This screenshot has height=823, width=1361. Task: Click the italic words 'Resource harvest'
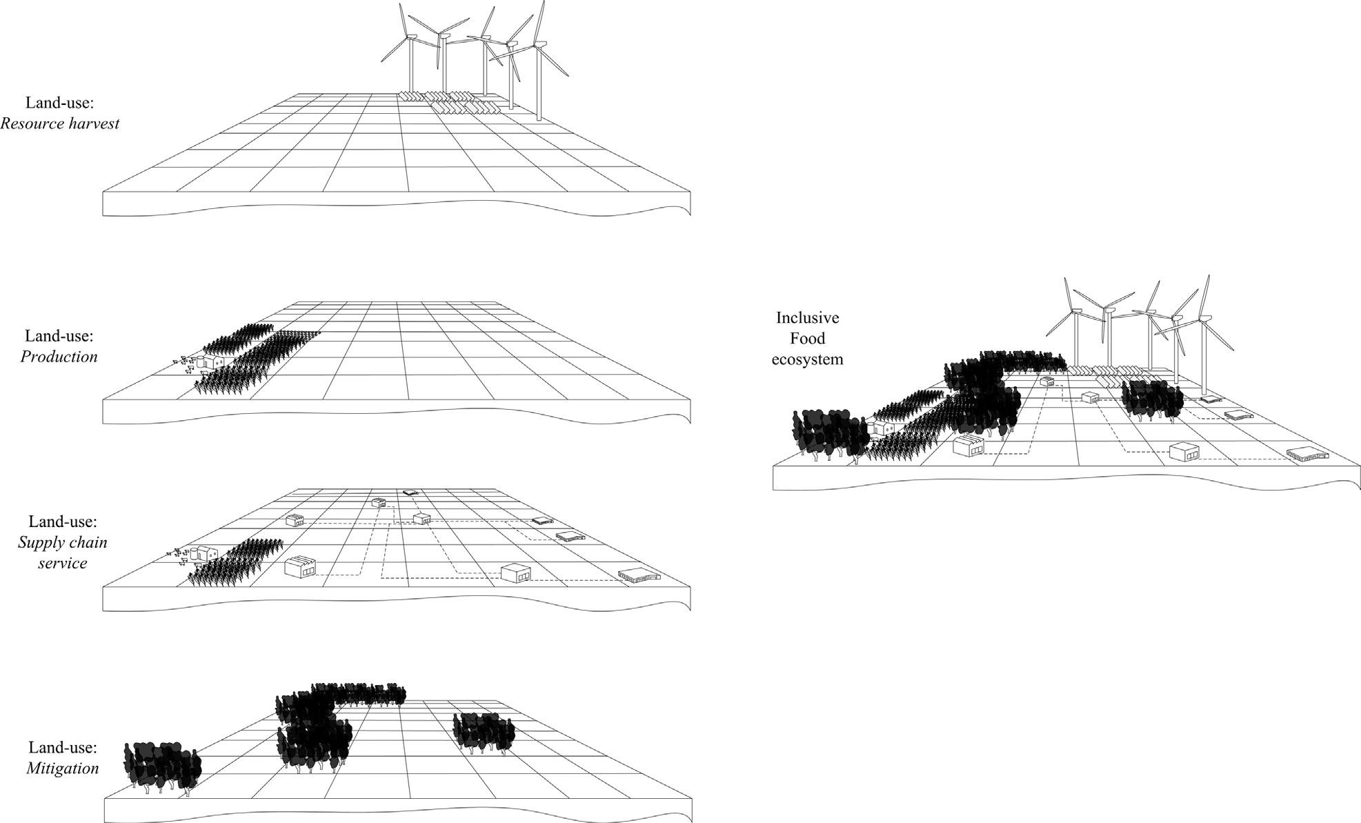[x=60, y=123]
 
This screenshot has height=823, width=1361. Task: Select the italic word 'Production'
[x=59, y=357]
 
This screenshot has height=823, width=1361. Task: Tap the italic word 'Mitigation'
[x=63, y=768]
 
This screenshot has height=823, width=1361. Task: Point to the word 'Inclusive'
[x=807, y=318]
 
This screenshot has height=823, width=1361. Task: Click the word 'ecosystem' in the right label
[x=807, y=359]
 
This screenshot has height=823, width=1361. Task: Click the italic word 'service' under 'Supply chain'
[x=63, y=563]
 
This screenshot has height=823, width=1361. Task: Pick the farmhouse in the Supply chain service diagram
[x=205, y=553]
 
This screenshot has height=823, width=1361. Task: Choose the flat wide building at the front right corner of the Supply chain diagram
[x=639, y=575]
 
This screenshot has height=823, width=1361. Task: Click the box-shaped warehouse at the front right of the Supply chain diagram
[x=516, y=573]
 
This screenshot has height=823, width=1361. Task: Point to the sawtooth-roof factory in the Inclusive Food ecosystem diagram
[x=968, y=445]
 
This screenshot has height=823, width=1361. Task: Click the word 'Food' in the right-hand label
[x=807, y=339]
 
